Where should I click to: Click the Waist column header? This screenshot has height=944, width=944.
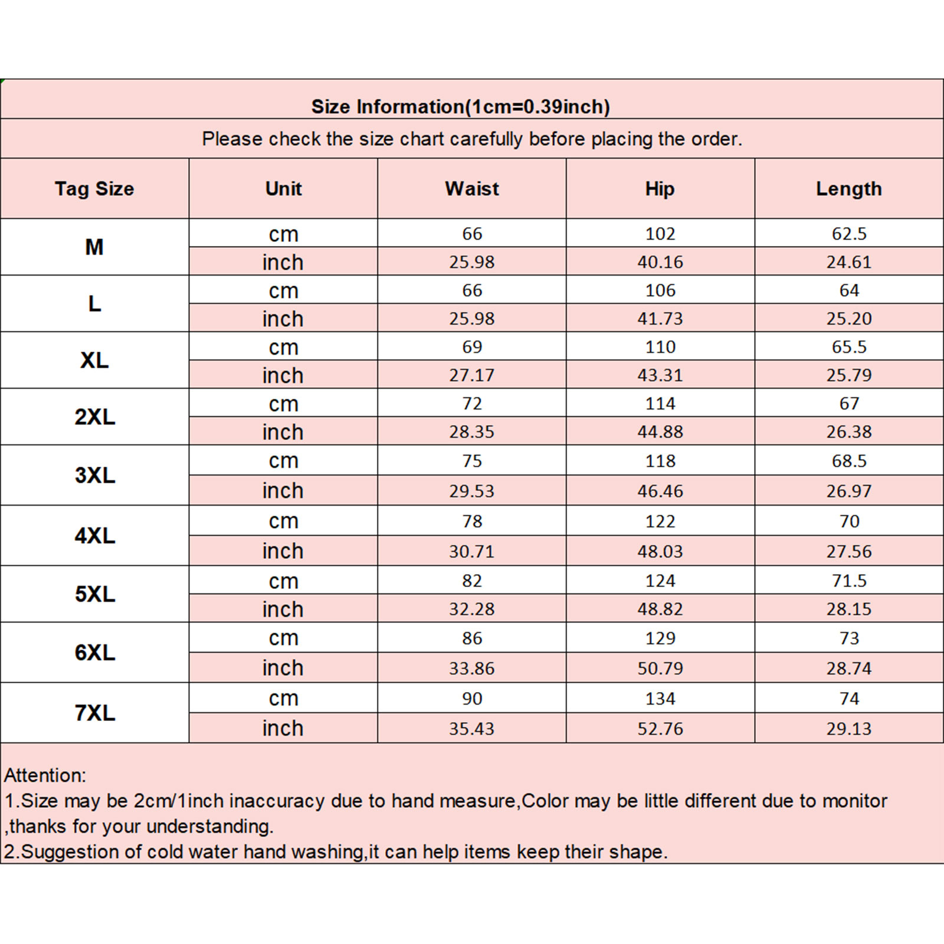click(x=471, y=189)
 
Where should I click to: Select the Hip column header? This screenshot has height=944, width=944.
click(x=660, y=189)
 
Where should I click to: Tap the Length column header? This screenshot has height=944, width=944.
click(x=848, y=189)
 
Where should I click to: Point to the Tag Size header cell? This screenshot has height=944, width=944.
click(x=94, y=189)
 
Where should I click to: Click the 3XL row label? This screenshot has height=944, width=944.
click(x=94, y=475)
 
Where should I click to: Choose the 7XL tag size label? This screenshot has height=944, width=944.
click(x=94, y=713)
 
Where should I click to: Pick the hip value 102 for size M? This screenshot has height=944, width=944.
click(x=660, y=234)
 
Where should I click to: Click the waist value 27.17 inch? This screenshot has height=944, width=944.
click(x=471, y=375)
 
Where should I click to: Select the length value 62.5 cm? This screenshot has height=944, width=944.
click(x=848, y=234)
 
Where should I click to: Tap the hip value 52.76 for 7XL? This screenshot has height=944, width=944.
click(x=660, y=729)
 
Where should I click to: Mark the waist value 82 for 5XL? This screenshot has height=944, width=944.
click(x=471, y=581)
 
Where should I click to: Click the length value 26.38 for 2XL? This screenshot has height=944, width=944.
click(x=848, y=432)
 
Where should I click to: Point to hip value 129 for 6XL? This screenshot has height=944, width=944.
click(x=660, y=638)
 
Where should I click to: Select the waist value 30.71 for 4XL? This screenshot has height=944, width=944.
click(x=471, y=552)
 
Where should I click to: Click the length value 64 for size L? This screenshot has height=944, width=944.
click(x=848, y=290)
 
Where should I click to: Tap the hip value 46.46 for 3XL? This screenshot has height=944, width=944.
click(x=660, y=491)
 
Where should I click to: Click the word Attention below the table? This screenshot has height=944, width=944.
click(x=45, y=775)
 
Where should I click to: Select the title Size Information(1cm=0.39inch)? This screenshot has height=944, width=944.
click(x=460, y=107)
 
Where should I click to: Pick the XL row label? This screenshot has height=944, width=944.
click(x=94, y=360)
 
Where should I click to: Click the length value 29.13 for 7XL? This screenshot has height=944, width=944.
click(x=848, y=729)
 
